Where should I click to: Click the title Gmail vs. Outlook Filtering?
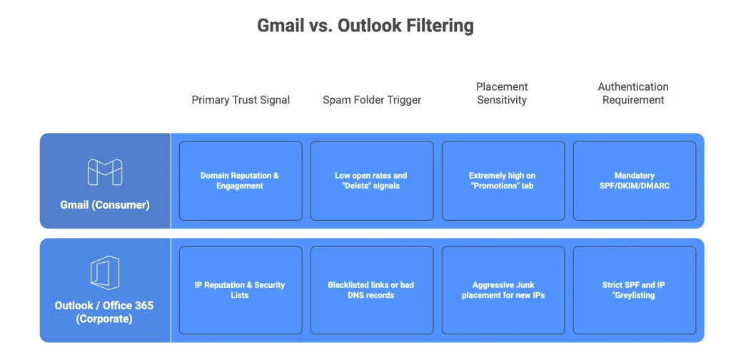(365, 26)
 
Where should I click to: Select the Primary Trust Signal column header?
(241, 100)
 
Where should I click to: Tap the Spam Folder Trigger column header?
(372, 100)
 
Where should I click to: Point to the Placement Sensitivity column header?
(502, 93)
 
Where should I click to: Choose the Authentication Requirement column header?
(633, 93)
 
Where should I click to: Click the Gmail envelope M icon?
(105, 172)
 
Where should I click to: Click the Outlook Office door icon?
(105, 274)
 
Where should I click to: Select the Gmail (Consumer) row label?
(105, 205)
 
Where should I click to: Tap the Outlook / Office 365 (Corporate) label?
(104, 312)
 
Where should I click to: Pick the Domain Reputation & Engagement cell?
(240, 181)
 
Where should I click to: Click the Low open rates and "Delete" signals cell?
(371, 181)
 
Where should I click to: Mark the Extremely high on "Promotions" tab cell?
(503, 181)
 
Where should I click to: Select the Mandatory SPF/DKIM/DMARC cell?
(634, 181)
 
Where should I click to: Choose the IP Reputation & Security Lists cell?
(240, 290)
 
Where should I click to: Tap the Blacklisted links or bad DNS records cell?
(371, 290)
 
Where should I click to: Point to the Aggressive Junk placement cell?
(503, 290)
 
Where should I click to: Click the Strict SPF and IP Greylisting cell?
(634, 290)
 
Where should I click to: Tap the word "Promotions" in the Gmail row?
(497, 186)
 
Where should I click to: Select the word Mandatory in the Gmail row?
(634, 176)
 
